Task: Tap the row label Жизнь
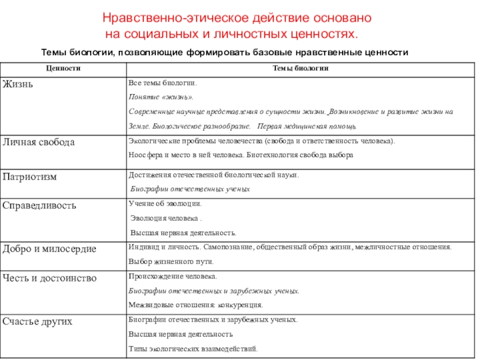click(x=18, y=83)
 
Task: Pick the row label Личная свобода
click(x=39, y=143)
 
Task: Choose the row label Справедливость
click(x=40, y=206)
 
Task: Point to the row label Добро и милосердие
click(x=49, y=248)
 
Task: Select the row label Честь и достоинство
click(x=49, y=278)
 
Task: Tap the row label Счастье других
click(x=38, y=322)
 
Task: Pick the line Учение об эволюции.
click(x=161, y=204)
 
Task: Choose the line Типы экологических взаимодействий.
click(x=193, y=348)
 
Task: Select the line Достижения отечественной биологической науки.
click(x=214, y=175)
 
